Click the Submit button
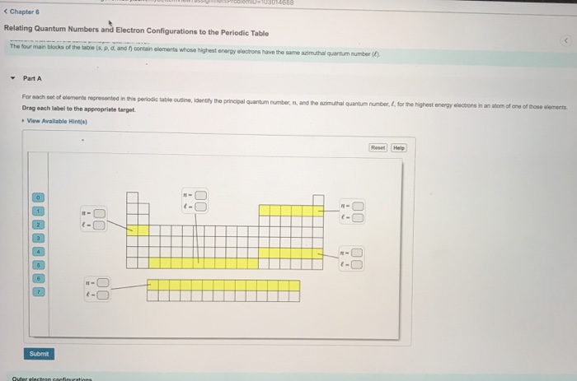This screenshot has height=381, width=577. pyautogui.click(x=40, y=353)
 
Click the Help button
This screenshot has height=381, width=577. pyautogui.click(x=399, y=147)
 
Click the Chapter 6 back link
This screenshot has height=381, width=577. pyautogui.click(x=21, y=12)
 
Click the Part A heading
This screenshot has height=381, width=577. pyautogui.click(x=32, y=78)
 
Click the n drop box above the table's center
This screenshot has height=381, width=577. pyautogui.click(x=201, y=195)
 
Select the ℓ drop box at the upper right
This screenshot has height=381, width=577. pyautogui.click(x=358, y=217)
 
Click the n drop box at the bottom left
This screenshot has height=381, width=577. pyautogui.click(x=103, y=284)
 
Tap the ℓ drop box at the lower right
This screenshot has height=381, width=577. pyautogui.click(x=358, y=264)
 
